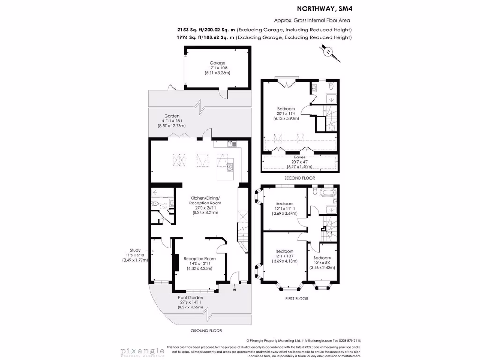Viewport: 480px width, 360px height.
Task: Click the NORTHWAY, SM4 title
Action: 324,8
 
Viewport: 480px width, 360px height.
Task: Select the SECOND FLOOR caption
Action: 299,178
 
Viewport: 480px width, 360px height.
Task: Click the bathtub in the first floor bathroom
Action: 324,192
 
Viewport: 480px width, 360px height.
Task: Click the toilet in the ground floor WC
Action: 156,203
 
